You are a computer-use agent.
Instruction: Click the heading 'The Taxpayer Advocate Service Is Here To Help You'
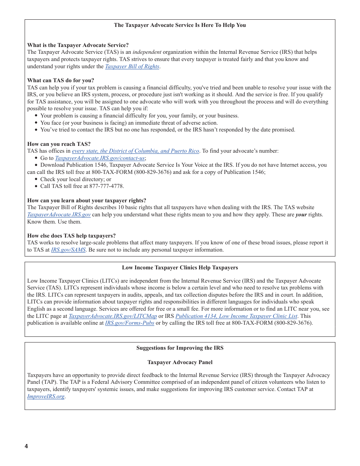(180, 25)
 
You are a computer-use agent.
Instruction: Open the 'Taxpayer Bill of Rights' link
(132, 66)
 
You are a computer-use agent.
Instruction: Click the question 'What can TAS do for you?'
(61, 80)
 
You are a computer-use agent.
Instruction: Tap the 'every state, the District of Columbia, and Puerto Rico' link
(136, 151)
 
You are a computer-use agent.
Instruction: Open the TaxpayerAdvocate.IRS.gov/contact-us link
(100, 158)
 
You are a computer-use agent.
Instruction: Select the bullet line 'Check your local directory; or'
(76, 179)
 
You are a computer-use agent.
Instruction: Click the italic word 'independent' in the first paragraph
(147, 52)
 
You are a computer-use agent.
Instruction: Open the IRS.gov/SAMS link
(68, 250)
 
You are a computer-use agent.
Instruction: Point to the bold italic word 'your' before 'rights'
(301, 214)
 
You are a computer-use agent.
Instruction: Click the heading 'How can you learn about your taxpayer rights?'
(86, 200)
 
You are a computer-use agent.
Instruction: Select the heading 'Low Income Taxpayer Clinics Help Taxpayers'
(180, 267)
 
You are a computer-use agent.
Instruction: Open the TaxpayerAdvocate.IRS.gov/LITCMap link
(113, 316)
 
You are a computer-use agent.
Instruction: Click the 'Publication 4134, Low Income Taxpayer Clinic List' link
(236, 316)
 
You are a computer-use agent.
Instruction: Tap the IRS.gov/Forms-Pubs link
(129, 323)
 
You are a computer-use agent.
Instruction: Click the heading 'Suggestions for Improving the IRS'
(180, 348)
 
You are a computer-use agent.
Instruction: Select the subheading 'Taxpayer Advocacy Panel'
(180, 362)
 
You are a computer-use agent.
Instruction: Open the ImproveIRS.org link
(46, 396)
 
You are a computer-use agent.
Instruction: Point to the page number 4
(27, 446)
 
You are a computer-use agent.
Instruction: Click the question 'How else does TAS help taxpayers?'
(71, 236)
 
